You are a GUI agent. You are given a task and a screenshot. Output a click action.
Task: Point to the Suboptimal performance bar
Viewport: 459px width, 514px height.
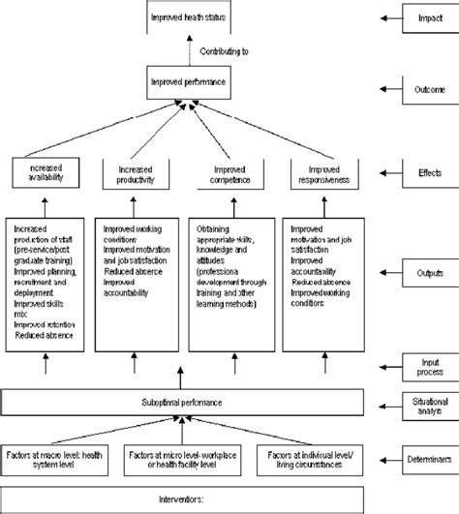pos(183,398)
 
